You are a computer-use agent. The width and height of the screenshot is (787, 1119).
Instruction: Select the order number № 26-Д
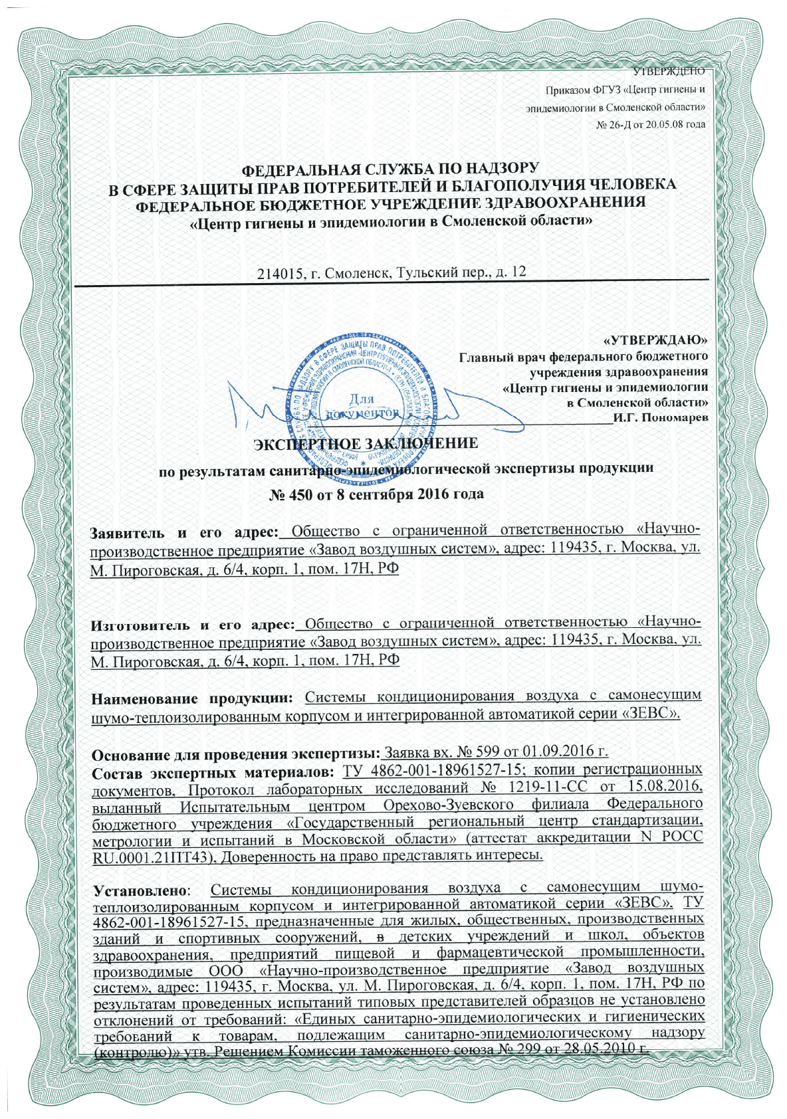[x=615, y=125]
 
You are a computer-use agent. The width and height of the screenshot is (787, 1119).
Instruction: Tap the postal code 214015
[x=277, y=272]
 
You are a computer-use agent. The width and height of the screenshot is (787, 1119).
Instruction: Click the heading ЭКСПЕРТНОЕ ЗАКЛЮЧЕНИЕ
[x=366, y=443]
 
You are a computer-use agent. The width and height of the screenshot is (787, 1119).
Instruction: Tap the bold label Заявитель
[x=127, y=532]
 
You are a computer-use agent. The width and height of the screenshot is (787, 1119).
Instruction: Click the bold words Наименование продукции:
[x=192, y=698]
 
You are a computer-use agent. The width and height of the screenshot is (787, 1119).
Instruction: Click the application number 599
[x=491, y=753]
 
